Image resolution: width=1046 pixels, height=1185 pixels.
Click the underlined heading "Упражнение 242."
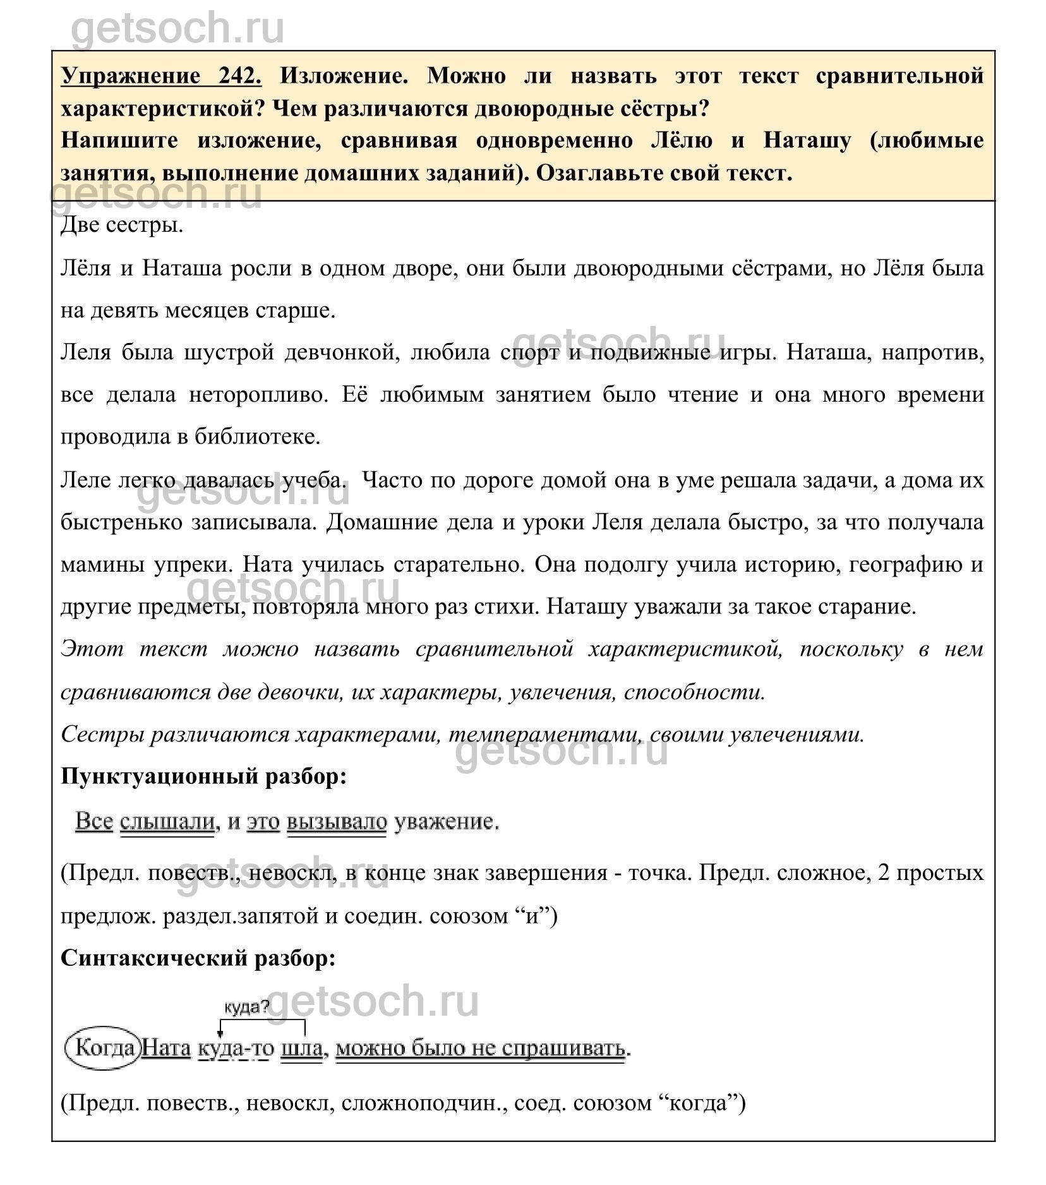161,76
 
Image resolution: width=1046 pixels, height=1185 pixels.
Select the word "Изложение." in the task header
344,76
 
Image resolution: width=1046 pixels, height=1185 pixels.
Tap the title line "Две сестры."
122,225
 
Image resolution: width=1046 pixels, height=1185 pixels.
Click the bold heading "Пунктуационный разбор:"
204,776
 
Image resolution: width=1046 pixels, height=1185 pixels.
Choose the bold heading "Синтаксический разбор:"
198,958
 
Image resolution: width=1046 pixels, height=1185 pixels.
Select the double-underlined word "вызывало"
337,822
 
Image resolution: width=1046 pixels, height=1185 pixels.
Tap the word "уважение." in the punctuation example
446,822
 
